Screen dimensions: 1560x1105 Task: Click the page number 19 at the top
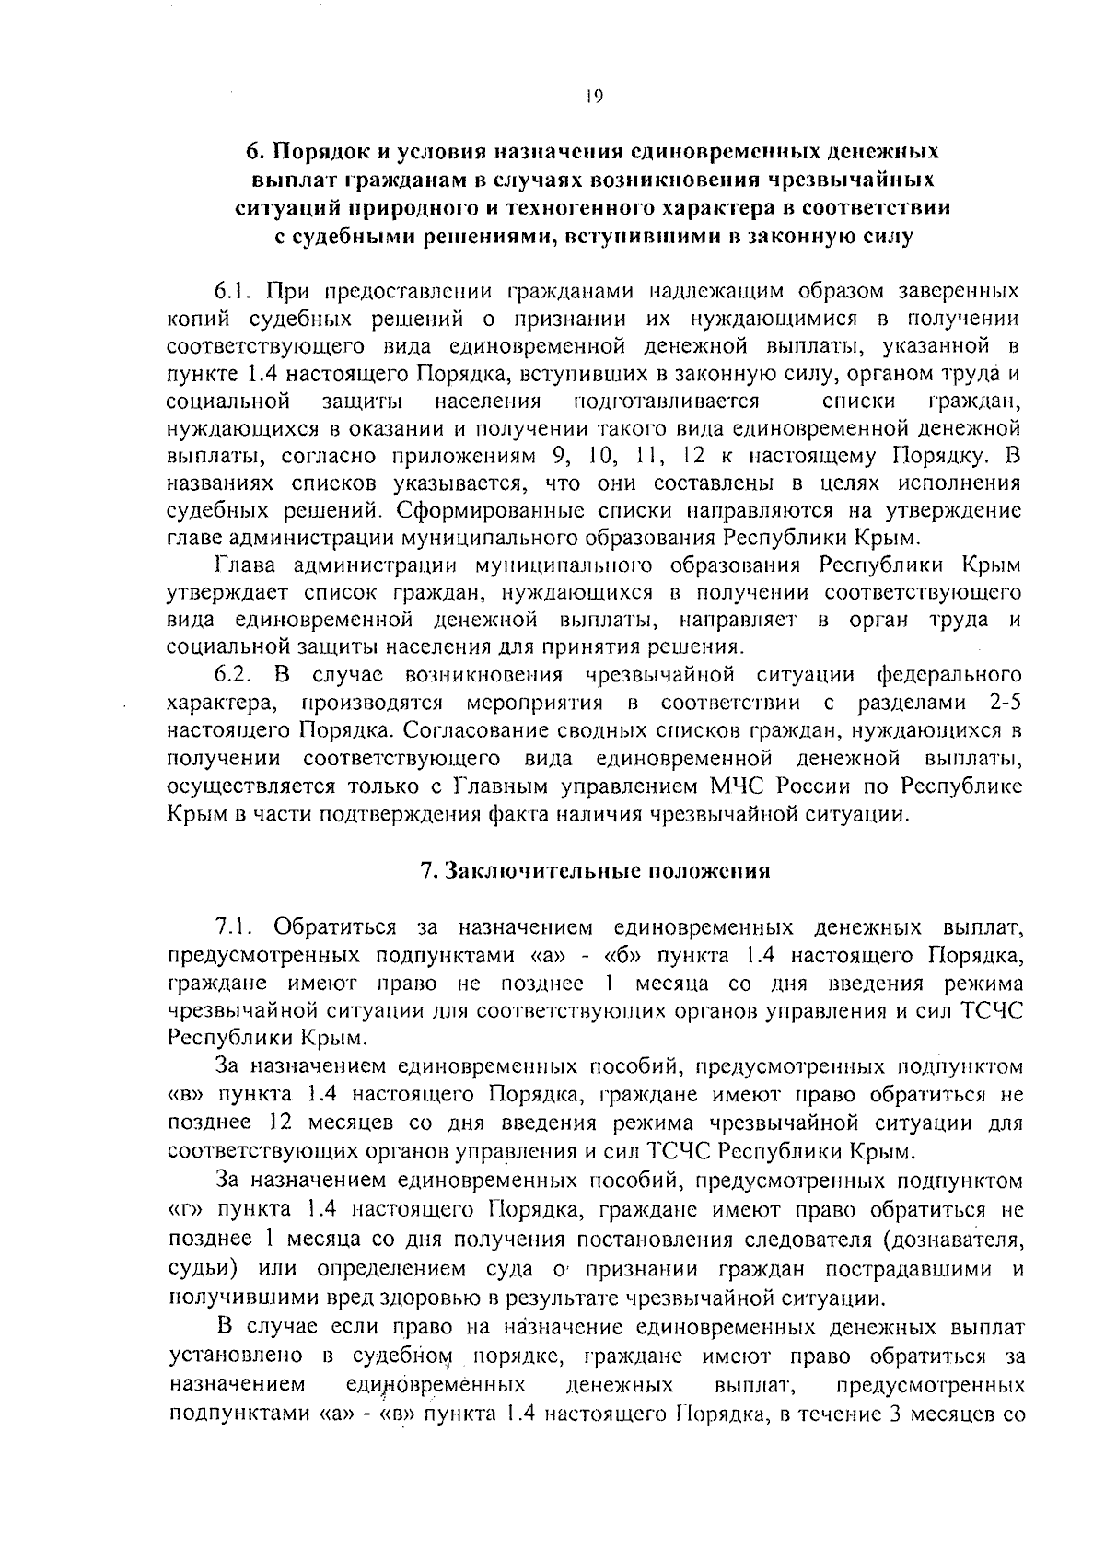coord(594,97)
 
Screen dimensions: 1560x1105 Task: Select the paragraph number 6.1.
coord(234,291)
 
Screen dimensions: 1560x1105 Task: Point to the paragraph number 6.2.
coord(234,675)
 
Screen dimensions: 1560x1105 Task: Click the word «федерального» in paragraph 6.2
coord(950,675)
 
